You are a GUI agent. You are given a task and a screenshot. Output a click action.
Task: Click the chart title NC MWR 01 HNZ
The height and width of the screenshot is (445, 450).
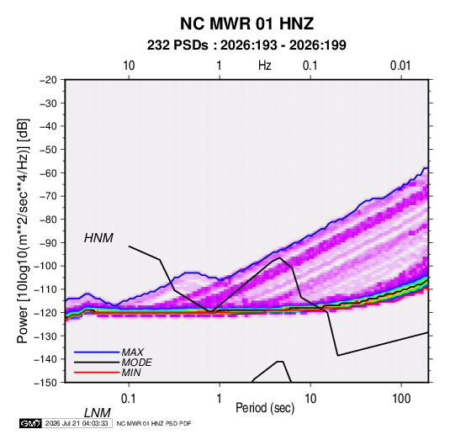click(x=246, y=24)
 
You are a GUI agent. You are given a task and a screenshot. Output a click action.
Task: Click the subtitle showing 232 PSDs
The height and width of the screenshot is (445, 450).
click(x=246, y=45)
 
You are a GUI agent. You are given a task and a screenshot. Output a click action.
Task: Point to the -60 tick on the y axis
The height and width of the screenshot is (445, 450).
click(x=48, y=172)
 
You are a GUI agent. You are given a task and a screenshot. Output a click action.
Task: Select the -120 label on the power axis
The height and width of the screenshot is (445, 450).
click(x=45, y=312)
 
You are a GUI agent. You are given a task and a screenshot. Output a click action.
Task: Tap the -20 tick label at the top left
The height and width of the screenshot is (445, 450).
click(x=48, y=80)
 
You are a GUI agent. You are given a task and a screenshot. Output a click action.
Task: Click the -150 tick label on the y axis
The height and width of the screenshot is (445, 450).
click(x=45, y=383)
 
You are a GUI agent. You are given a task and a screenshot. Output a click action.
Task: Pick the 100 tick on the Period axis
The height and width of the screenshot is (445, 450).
click(x=401, y=399)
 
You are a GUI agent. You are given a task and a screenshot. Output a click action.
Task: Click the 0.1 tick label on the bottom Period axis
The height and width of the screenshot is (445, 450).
click(x=129, y=399)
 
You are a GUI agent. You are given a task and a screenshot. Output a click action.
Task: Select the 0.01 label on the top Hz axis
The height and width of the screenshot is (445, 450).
click(x=400, y=66)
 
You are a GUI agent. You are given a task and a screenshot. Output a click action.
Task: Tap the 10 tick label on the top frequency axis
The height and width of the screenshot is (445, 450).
click(x=129, y=66)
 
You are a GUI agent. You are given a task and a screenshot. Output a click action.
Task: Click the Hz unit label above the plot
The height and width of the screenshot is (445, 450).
click(x=265, y=66)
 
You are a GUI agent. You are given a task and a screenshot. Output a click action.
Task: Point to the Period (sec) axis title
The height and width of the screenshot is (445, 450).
click(x=265, y=408)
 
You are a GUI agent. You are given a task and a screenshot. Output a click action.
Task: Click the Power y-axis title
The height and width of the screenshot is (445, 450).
click(x=23, y=231)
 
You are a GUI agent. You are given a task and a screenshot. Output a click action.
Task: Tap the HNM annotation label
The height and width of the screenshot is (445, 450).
click(x=98, y=238)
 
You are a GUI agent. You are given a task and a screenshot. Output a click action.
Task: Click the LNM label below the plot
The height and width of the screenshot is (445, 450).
click(x=97, y=413)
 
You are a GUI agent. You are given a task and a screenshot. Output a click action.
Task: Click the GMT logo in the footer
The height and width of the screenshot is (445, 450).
click(x=31, y=423)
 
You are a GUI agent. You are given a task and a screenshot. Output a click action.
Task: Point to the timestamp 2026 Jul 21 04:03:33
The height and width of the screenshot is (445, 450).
click(x=77, y=423)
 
